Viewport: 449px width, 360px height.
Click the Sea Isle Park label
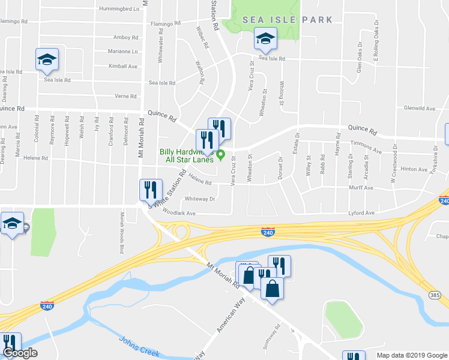point(287,20)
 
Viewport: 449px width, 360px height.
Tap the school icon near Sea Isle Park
point(264,40)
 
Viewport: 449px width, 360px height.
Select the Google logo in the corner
point(20,353)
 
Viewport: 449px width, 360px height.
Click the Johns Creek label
point(139,346)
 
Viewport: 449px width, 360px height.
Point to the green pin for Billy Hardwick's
point(221,155)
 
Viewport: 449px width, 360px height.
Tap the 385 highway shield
point(436,295)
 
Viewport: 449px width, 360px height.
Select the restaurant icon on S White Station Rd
point(151,190)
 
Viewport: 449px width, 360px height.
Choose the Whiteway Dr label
point(200,199)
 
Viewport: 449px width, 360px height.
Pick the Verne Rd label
point(125,96)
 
